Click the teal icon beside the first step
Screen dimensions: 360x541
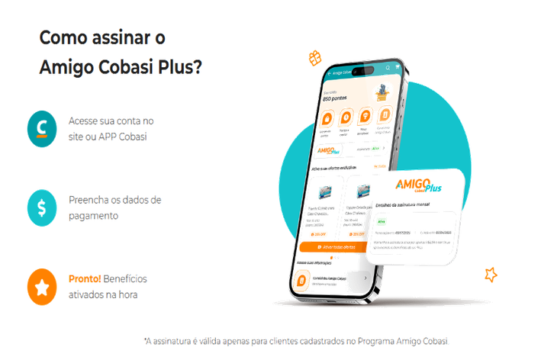point(43,128)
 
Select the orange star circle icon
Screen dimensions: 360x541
point(43,285)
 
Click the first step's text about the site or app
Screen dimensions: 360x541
point(111,128)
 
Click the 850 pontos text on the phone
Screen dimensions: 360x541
point(334,99)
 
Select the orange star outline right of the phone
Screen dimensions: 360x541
point(491,272)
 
